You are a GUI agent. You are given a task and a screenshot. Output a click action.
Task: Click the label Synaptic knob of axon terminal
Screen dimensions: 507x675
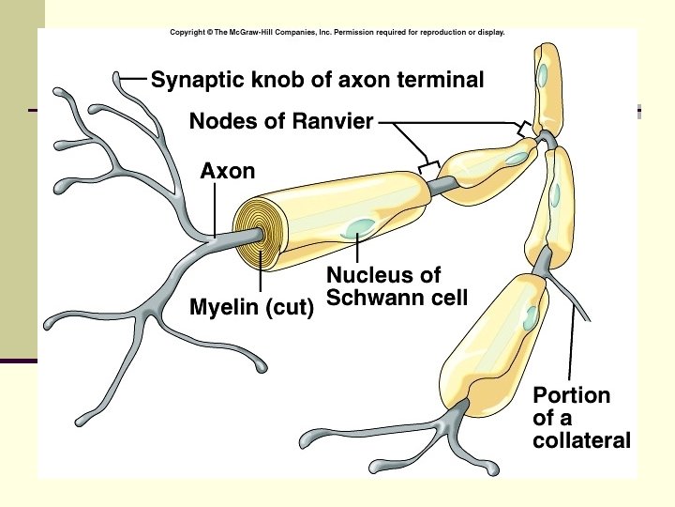[x=318, y=81]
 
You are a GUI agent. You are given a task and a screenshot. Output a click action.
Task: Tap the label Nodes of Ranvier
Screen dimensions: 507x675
[x=281, y=121]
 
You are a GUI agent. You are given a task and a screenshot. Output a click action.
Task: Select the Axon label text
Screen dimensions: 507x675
[x=228, y=171]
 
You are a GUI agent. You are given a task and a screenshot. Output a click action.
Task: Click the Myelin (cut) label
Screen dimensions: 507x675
[x=251, y=307]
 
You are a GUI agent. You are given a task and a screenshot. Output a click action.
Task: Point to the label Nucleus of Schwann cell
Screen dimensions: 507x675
[x=396, y=286]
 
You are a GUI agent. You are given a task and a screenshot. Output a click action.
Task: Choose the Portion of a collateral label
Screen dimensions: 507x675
[x=581, y=418]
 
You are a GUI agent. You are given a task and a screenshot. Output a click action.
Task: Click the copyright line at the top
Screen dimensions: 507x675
[x=337, y=32]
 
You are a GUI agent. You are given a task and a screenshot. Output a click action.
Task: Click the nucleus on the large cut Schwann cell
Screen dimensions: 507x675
[x=359, y=227]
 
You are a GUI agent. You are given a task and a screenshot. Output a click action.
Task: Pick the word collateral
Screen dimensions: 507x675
[x=581, y=440]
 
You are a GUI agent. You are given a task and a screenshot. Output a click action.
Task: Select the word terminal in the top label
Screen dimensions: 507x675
[x=440, y=81]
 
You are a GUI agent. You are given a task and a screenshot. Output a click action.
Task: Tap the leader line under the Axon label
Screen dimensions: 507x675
[x=215, y=207]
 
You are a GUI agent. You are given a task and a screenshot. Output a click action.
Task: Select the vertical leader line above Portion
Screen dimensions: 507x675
[x=571, y=347]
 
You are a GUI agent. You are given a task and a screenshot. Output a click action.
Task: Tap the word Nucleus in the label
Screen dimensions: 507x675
[x=369, y=275]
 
